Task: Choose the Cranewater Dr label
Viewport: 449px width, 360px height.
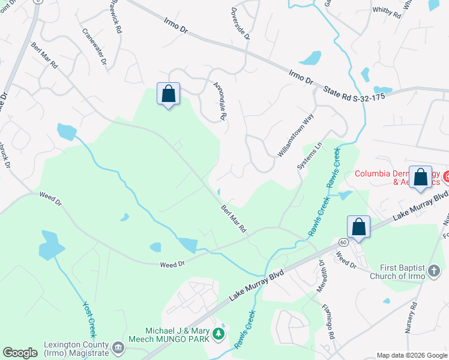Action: pyautogui.click(x=94, y=47)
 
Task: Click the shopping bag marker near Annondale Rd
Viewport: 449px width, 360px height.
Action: pyautogui.click(x=169, y=94)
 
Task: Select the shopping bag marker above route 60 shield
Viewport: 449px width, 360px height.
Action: pyautogui.click(x=358, y=226)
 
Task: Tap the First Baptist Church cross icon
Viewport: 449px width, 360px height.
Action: pyautogui.click(x=434, y=272)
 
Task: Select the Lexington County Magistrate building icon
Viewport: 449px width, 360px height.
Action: pyautogui.click(x=118, y=347)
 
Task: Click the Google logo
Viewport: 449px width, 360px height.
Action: pyautogui.click(x=20, y=353)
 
